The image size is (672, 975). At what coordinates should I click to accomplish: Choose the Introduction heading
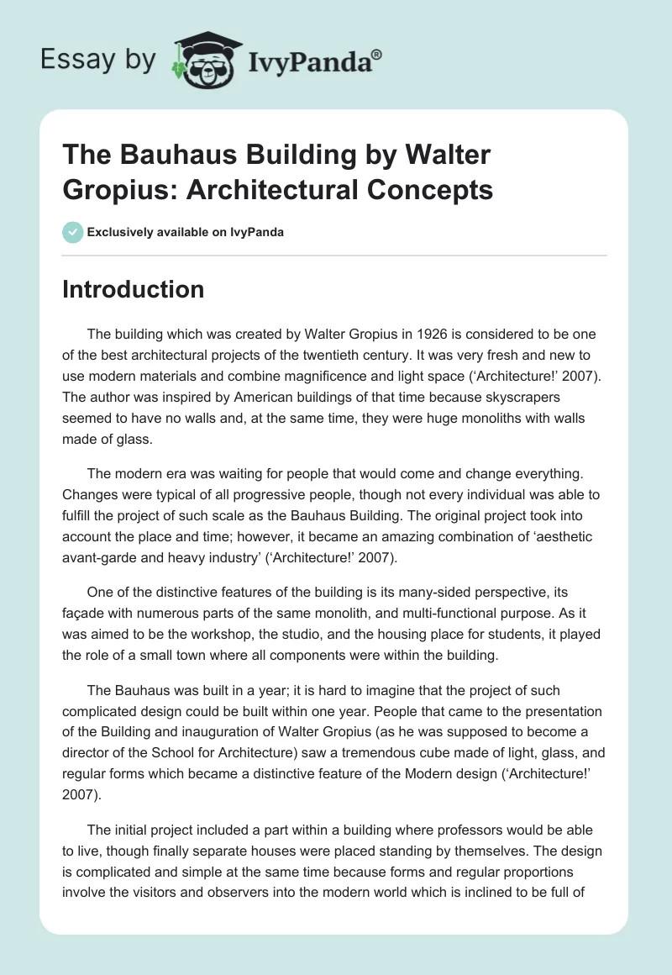(x=134, y=290)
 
